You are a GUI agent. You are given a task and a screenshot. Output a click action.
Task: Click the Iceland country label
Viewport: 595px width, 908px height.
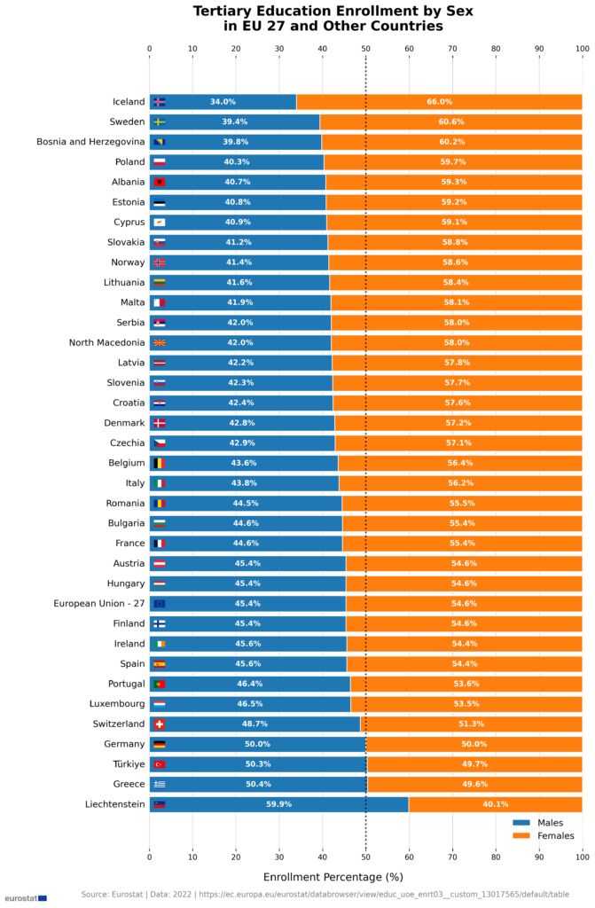pos(128,102)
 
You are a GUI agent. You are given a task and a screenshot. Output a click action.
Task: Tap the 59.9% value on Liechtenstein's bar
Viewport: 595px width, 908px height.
pos(278,804)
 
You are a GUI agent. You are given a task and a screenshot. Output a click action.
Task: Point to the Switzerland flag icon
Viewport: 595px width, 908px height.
pos(160,724)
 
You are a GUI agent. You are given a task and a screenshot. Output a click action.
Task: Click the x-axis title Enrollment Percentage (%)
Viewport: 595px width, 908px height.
pos(333,876)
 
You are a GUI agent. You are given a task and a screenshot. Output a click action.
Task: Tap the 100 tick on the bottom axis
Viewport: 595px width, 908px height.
pos(582,857)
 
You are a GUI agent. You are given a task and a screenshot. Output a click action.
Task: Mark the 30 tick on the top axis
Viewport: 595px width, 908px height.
pos(278,49)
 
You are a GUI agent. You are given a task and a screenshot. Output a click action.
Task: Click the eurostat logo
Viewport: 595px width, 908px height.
pos(25,897)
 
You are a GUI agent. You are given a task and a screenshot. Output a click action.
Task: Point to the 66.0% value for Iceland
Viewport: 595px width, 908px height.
pos(439,102)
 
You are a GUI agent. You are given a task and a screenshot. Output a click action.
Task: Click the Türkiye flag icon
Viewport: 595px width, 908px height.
pos(160,764)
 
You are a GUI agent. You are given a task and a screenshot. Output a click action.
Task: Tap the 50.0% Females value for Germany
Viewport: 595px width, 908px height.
pos(474,745)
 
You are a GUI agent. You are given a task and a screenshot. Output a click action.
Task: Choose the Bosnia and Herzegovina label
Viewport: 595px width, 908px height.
pos(90,142)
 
